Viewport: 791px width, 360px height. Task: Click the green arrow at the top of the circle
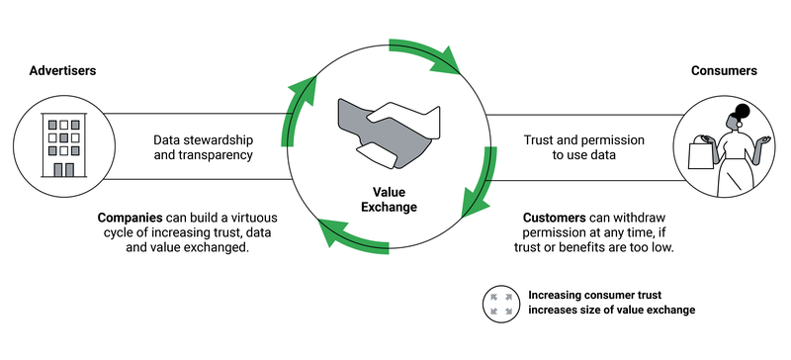click(425, 54)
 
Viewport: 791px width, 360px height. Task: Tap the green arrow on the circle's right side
click(483, 183)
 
